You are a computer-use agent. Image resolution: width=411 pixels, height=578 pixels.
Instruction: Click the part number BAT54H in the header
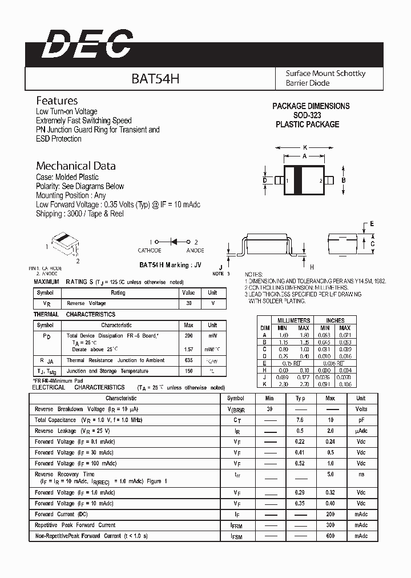click(155, 78)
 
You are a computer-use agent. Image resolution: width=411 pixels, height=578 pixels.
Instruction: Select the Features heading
click(57, 100)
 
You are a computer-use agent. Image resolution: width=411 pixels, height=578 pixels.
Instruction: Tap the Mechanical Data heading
click(76, 166)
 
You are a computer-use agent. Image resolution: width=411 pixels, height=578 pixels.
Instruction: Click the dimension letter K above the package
click(305, 147)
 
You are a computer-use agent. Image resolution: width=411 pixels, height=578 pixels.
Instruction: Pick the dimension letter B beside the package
click(343, 180)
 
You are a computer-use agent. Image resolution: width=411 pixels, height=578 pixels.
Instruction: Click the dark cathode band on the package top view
click(297, 180)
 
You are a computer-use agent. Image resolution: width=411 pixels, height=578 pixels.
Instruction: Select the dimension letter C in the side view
click(372, 244)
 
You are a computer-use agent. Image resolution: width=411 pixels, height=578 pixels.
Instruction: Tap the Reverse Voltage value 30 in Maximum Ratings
click(188, 303)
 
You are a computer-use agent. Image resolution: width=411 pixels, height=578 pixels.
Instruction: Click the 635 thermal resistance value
click(188, 360)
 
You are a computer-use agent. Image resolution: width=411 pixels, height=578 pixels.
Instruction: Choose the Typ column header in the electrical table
click(300, 398)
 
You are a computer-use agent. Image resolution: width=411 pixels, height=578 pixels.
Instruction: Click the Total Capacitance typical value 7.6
click(300, 420)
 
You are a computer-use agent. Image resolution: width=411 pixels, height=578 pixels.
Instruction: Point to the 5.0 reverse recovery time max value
click(330, 474)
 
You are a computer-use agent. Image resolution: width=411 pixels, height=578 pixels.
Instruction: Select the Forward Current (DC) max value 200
click(330, 514)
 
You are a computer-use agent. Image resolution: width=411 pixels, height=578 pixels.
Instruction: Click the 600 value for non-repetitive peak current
click(330, 536)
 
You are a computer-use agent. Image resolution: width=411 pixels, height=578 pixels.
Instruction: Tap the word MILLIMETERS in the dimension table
click(294, 320)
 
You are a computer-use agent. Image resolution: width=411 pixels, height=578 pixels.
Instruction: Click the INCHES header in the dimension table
click(335, 320)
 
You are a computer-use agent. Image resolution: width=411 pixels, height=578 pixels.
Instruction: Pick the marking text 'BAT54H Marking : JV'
click(171, 264)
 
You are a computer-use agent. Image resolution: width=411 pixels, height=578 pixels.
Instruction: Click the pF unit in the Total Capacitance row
click(361, 420)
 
